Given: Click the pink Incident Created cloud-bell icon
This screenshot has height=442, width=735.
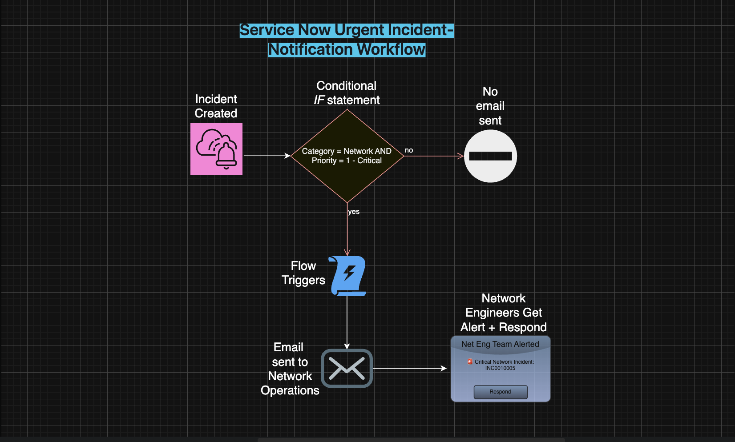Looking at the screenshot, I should tap(216, 149).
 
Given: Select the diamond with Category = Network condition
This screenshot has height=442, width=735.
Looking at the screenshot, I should tap(347, 156).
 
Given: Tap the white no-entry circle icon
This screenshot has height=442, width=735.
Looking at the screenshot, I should tap(490, 156).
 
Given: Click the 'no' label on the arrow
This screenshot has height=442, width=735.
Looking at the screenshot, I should tap(409, 150).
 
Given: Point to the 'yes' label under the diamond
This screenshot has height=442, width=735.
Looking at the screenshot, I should tap(354, 212).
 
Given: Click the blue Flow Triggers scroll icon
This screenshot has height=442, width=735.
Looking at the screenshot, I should tap(348, 276).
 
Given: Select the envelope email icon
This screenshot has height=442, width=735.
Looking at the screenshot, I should tap(347, 368).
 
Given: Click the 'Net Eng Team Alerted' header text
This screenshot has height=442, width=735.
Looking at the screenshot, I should tap(500, 344).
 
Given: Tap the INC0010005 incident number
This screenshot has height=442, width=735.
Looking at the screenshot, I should tap(500, 368).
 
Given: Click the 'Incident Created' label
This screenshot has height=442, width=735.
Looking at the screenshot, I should tap(216, 106).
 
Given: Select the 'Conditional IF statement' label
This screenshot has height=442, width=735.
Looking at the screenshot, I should tap(347, 93).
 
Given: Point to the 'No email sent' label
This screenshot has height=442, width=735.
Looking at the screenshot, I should tap(490, 106).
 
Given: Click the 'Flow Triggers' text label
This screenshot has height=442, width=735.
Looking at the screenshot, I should tap(303, 273).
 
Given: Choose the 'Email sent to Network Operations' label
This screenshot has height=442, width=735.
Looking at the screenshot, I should tap(290, 369).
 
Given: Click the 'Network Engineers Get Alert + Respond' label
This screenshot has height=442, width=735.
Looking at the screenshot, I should tap(503, 313).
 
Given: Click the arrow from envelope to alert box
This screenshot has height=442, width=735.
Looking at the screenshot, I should tap(409, 368).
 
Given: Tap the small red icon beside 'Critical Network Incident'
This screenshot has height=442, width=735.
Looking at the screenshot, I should tap(470, 362).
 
